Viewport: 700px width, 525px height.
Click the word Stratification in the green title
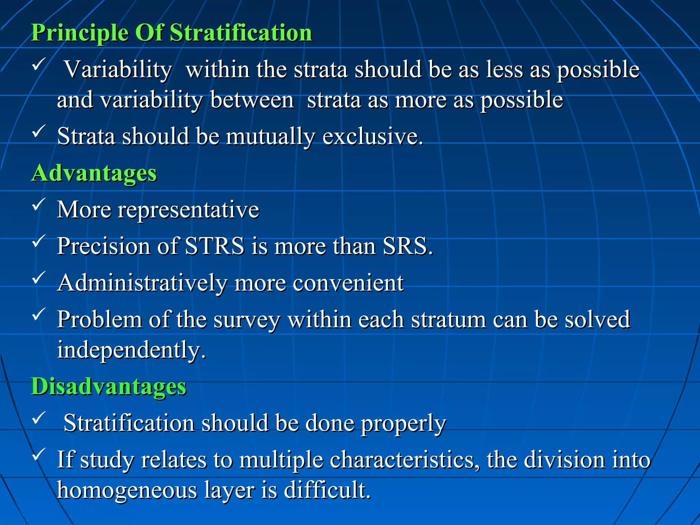click(241, 33)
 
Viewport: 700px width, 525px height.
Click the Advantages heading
click(94, 173)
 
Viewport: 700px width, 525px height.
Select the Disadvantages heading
click(109, 387)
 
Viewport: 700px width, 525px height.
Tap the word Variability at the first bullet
click(118, 70)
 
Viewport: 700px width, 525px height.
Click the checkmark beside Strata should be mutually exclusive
click(39, 131)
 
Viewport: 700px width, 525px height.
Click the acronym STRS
click(215, 246)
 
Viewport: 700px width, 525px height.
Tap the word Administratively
click(142, 283)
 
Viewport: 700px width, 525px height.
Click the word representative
click(188, 210)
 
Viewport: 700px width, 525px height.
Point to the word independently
click(131, 350)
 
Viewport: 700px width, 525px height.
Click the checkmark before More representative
click(39, 204)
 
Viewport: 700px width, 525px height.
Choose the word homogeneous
click(127, 490)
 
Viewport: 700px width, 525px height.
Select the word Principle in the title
click(80, 33)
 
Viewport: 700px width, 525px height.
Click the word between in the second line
click(252, 100)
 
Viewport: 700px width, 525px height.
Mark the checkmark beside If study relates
click(39, 455)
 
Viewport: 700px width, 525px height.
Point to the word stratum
click(448, 320)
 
